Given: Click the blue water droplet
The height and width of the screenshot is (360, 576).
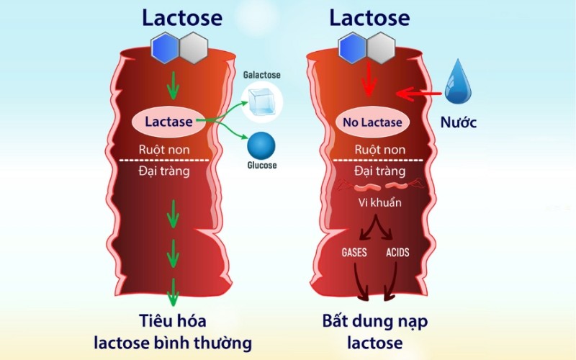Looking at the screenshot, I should (x=459, y=84).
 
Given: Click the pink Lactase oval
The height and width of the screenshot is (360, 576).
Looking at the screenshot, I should (x=169, y=122).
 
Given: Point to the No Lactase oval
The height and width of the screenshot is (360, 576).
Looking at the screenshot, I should (x=372, y=122).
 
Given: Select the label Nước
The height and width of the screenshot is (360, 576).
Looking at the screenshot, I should (x=459, y=122).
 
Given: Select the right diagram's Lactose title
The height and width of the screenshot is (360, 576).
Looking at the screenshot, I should (x=369, y=18).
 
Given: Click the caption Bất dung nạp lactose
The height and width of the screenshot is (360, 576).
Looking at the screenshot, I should (x=373, y=330).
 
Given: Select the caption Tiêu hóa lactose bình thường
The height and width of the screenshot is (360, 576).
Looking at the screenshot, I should (x=173, y=330).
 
